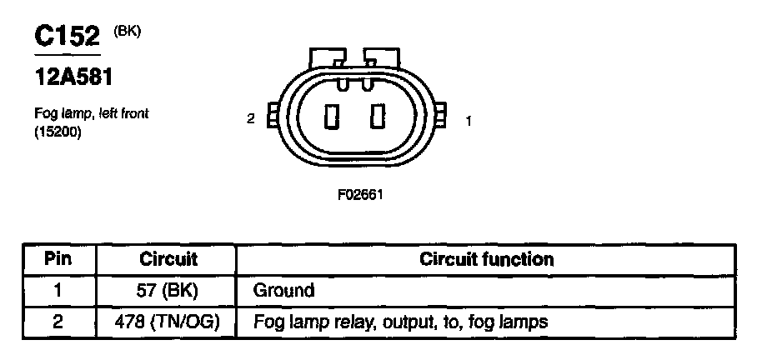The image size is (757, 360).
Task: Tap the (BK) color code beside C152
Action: coord(128,31)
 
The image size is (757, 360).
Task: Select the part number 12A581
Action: coord(73,77)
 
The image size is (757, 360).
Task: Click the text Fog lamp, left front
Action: coord(92,113)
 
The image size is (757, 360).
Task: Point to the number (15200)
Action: coord(58,132)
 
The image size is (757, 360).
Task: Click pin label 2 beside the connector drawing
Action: coord(250,119)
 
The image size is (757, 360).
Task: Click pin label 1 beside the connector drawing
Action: coord(469,121)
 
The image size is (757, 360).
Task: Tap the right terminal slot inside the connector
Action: coord(379,117)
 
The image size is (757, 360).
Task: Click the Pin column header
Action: coord(58,259)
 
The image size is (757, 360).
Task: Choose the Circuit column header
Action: coord(168,259)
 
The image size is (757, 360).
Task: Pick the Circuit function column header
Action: coord(487,259)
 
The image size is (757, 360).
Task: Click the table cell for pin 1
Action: coord(58,291)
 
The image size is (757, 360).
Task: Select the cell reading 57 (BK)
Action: coord(168,291)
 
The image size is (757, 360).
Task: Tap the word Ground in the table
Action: coord(283,291)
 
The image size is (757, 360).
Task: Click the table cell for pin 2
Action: coord(58,321)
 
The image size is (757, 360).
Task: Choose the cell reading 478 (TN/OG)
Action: coord(168,321)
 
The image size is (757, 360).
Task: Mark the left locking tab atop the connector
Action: coord(325,57)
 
